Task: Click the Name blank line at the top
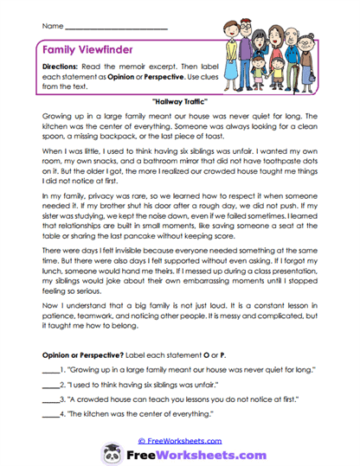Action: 116,30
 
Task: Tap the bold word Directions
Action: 63,67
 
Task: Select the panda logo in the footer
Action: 113,454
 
